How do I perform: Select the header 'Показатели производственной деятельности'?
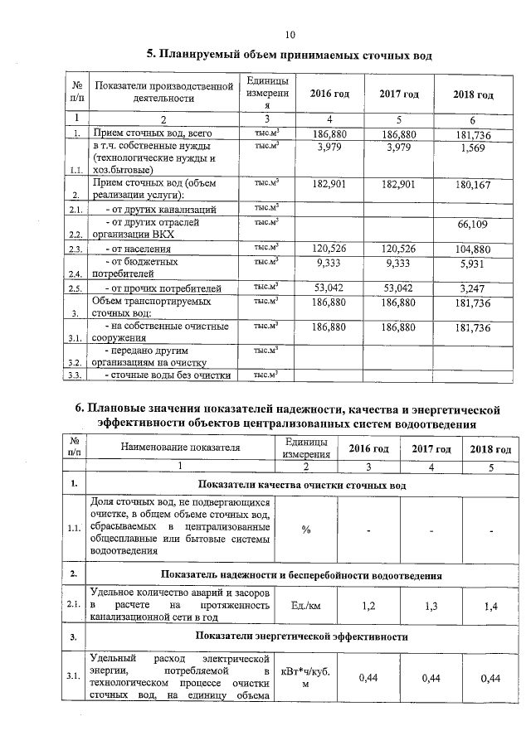point(160,91)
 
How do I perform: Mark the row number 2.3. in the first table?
point(76,249)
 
